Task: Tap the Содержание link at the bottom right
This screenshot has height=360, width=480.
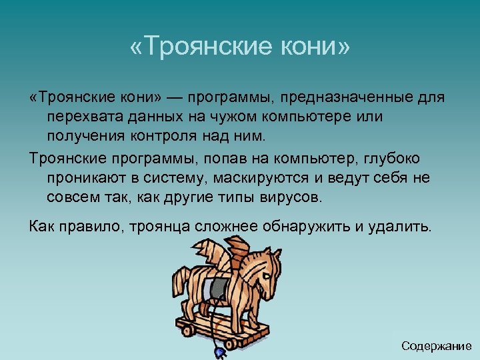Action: tap(437, 346)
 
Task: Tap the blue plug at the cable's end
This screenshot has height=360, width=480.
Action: tap(219, 351)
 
